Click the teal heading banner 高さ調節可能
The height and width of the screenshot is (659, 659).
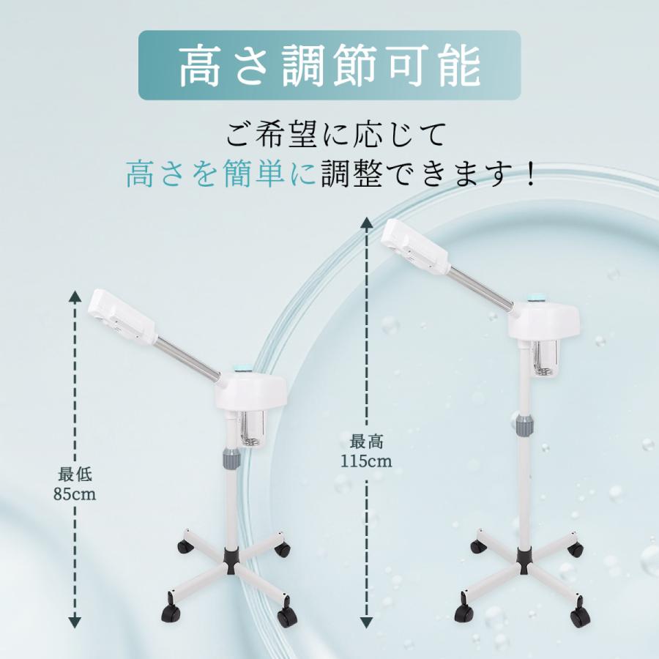click(x=329, y=65)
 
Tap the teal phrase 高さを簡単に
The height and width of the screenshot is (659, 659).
click(x=222, y=174)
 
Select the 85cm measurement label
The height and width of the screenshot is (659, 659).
click(x=75, y=494)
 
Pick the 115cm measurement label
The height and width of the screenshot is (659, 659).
click(x=365, y=461)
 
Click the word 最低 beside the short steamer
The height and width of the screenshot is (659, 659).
click(x=75, y=475)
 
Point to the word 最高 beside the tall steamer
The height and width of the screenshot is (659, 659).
click(x=366, y=442)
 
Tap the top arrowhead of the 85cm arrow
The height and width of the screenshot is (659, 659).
click(x=75, y=296)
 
